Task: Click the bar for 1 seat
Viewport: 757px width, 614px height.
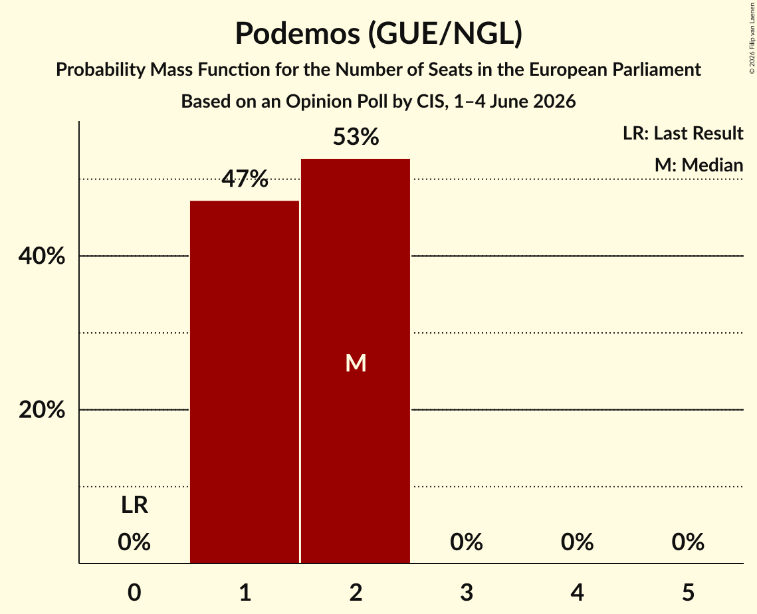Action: click(245, 382)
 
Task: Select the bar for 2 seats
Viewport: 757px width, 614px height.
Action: click(356, 361)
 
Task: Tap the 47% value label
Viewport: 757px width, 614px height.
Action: click(245, 179)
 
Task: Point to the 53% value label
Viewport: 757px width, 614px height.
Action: click(356, 137)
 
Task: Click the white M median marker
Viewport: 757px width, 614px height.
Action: click(356, 363)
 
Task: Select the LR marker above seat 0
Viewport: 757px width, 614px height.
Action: click(134, 505)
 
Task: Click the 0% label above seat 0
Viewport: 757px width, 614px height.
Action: click(134, 542)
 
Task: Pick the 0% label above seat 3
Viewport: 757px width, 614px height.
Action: click(467, 542)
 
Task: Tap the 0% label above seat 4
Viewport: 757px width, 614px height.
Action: click(577, 542)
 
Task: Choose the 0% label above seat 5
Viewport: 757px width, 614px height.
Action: click(688, 542)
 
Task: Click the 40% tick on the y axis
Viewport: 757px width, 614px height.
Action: click(41, 256)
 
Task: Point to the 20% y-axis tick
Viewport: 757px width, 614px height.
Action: click(41, 410)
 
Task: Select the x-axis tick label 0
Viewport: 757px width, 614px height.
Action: click(134, 592)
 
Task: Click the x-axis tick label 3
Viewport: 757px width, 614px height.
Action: click(467, 592)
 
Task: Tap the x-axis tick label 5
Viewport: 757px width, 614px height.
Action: click(688, 592)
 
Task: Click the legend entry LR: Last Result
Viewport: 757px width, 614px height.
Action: click(683, 133)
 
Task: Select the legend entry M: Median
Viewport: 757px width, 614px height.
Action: click(699, 165)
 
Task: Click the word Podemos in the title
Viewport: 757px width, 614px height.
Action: click(297, 33)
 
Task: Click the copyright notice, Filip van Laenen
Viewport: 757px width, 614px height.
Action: click(752, 38)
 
